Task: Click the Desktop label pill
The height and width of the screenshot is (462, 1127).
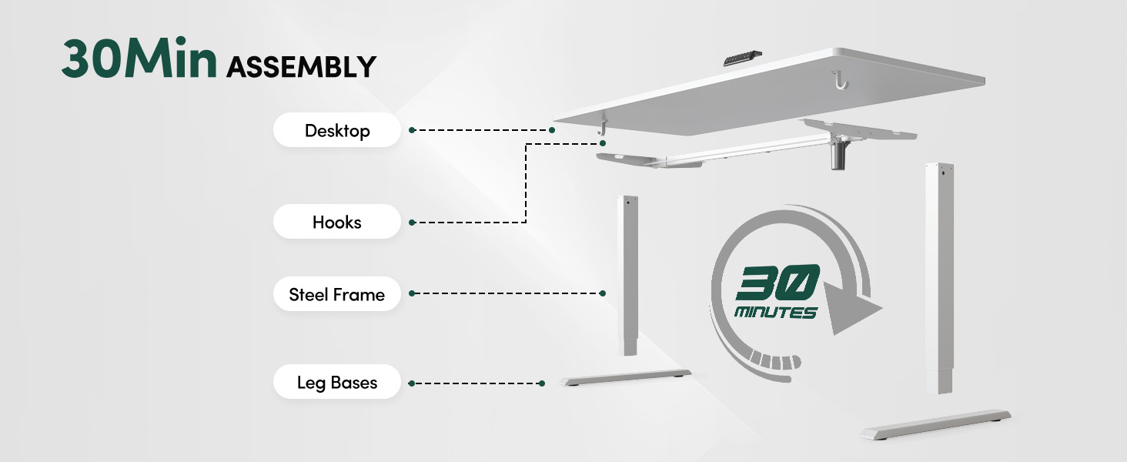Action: click(337, 131)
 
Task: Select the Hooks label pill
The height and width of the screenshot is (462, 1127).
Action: click(337, 223)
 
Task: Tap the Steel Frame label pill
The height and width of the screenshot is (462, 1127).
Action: click(337, 294)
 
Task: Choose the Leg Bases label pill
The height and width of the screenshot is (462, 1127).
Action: click(337, 383)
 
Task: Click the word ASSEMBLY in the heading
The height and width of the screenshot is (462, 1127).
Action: click(301, 67)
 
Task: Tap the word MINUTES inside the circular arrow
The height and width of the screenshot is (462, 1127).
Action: click(775, 313)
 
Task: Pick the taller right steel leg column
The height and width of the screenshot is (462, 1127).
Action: click(940, 277)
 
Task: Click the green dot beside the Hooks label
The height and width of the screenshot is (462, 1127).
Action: click(413, 223)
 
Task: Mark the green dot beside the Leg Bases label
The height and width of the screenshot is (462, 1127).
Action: click(413, 383)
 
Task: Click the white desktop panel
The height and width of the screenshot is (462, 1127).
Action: click(770, 92)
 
